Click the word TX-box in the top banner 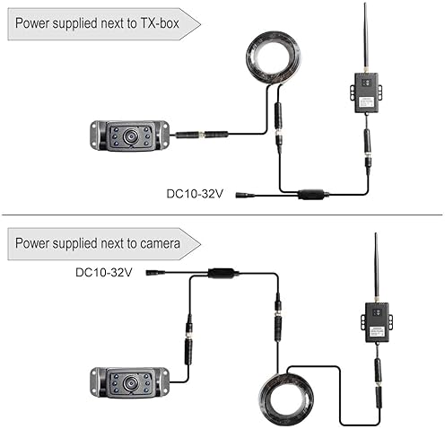[x=160, y=23]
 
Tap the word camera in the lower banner [x=160, y=243]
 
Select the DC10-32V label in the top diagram [x=195, y=194]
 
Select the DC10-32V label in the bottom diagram [x=104, y=273]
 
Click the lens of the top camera [x=131, y=136]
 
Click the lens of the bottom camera [x=131, y=382]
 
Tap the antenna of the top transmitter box [x=365, y=39]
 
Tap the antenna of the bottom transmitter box [x=376, y=268]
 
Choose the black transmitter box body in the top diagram [x=367, y=93]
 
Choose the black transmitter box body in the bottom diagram [x=378, y=322]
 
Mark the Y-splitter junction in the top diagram [x=311, y=195]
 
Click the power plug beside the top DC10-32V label [x=245, y=196]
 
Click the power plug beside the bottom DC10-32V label [x=155, y=273]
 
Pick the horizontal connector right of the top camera [x=201, y=135]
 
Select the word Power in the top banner [x=32, y=23]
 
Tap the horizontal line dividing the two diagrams [x=222, y=214]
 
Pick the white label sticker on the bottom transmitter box [x=377, y=331]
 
